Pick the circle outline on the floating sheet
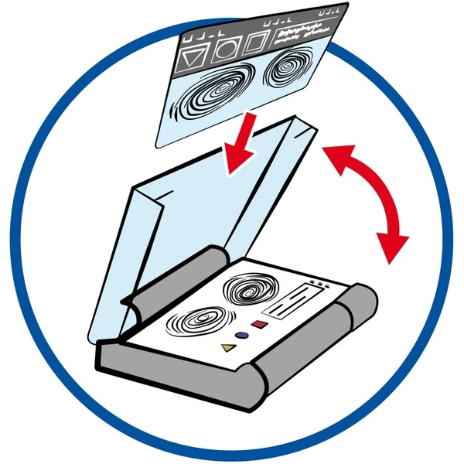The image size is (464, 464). (223, 51)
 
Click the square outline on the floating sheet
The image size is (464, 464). (254, 45)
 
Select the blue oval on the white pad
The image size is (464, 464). (243, 336)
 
